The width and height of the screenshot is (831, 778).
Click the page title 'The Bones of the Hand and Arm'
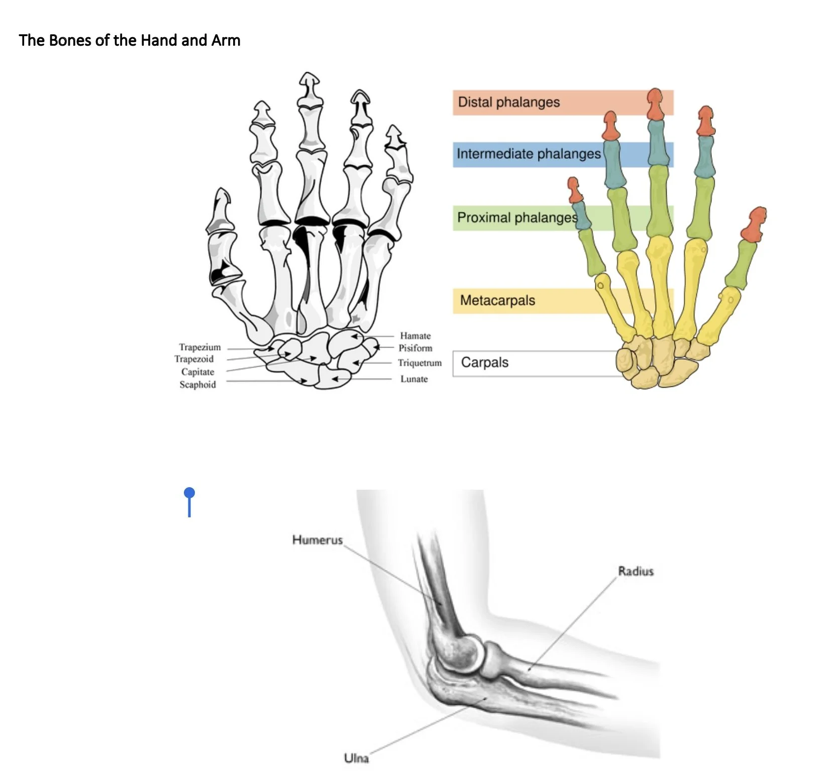pos(130,40)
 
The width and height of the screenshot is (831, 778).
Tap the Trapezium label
pos(199,347)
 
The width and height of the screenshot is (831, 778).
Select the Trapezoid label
pos(194,359)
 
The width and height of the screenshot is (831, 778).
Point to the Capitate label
pos(197,372)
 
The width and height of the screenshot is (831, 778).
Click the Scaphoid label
pos(197,385)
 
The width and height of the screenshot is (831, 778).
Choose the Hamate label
pos(415,336)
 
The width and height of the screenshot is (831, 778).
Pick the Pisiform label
pos(415,348)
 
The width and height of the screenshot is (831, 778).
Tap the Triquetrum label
pos(420,363)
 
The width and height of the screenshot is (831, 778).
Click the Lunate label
pos(414,379)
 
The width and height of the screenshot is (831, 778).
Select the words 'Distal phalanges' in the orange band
pos(508,102)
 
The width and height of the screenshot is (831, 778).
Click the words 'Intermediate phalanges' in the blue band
pos(529,154)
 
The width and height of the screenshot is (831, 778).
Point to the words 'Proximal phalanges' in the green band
pos(517,217)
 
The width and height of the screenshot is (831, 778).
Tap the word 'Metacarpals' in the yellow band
pos(497,300)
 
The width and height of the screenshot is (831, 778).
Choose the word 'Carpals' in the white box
pos(484,363)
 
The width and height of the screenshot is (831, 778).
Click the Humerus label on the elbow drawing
pos(317,540)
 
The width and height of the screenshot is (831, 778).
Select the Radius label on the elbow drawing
pos(636,571)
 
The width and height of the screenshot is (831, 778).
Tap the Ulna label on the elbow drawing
pos(356,758)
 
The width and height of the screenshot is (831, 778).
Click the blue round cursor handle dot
pos(189,493)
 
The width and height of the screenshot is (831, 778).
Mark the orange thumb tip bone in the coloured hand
pos(754,225)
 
